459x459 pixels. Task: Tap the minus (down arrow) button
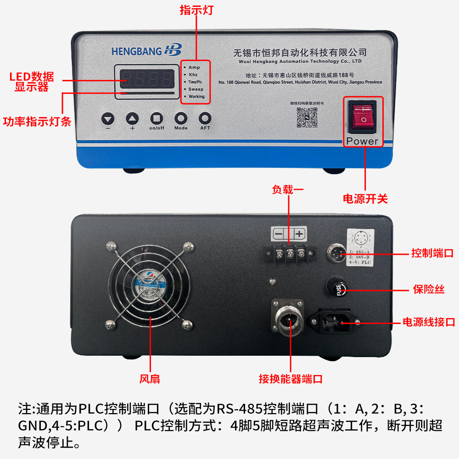point(108,119)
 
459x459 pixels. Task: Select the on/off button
point(157,118)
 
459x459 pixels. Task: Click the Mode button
point(181,118)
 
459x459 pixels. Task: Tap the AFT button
point(205,118)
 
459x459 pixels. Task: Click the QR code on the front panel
point(307,118)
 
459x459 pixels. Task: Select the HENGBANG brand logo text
point(136,51)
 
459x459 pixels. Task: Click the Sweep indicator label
point(196,89)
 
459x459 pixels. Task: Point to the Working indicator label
point(196,96)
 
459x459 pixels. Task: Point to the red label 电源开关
point(365,199)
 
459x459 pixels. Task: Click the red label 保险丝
point(428,290)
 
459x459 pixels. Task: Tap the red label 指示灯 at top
point(196,10)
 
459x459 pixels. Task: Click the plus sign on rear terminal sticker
point(300,234)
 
